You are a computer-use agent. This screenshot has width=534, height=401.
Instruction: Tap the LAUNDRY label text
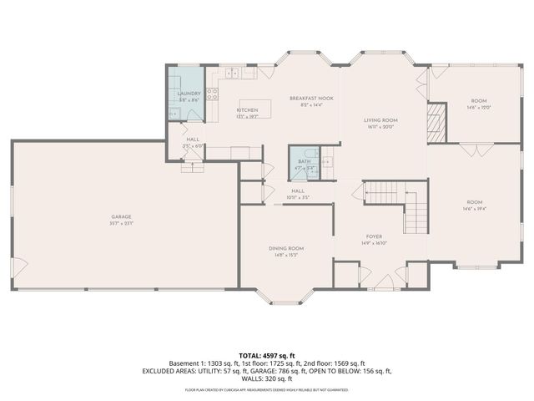tap(188, 94)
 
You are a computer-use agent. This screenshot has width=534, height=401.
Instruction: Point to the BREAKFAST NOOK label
tap(311, 99)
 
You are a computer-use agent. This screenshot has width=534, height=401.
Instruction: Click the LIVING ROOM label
tap(380, 120)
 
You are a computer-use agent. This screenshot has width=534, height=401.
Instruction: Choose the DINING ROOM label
tap(285, 248)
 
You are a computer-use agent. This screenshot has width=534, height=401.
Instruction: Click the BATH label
tap(305, 161)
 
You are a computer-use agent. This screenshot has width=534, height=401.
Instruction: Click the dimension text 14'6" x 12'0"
tap(479, 108)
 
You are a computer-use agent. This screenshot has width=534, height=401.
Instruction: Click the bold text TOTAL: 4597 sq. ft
tap(266, 355)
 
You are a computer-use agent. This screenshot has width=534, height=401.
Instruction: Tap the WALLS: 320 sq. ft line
tap(267, 378)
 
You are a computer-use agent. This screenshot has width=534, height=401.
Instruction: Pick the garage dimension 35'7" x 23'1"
tap(121, 223)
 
